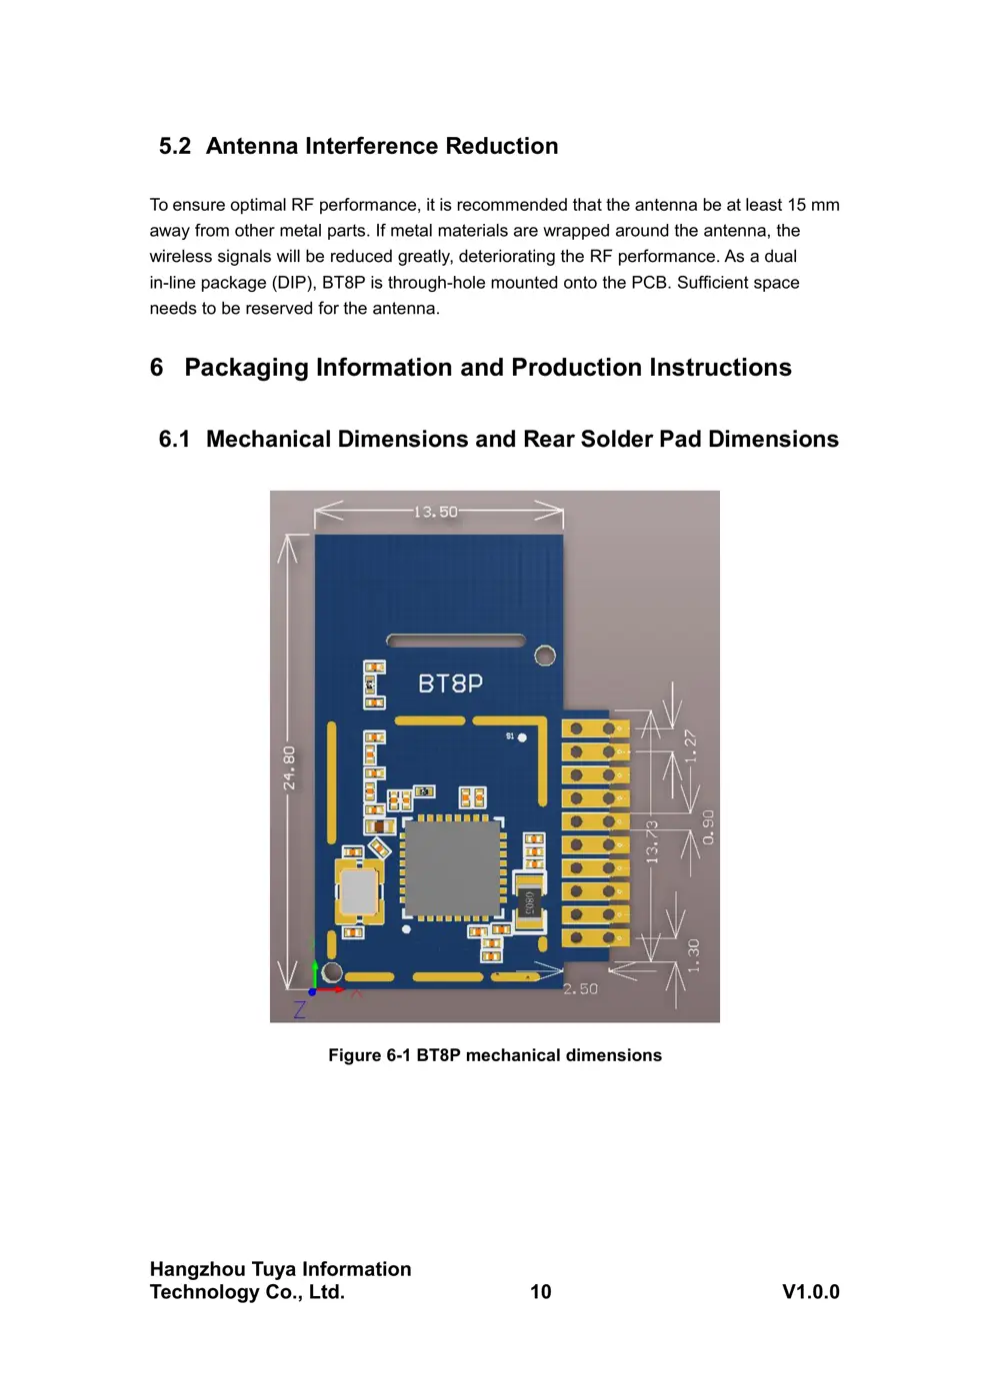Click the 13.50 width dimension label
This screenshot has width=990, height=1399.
(435, 512)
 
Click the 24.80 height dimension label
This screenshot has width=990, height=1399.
(289, 767)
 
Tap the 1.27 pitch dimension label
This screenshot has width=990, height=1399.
(689, 745)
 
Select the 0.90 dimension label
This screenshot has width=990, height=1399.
(708, 826)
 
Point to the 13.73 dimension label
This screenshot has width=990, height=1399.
(652, 841)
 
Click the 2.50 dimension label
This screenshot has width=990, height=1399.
(580, 988)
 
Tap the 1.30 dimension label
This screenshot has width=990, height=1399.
(693, 955)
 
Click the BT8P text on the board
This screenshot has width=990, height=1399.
(450, 684)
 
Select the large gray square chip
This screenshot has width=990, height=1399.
(452, 866)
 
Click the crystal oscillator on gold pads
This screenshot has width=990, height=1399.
(358, 890)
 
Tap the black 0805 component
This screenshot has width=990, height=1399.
(528, 902)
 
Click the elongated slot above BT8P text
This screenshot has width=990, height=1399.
(455, 641)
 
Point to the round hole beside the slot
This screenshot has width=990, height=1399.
(545, 656)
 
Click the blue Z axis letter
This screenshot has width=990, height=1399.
(299, 1009)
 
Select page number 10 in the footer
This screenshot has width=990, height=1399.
(540, 1292)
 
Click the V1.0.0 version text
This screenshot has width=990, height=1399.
(810, 1292)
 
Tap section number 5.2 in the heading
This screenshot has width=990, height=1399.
(175, 146)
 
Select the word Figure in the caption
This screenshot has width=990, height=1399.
(354, 1055)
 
